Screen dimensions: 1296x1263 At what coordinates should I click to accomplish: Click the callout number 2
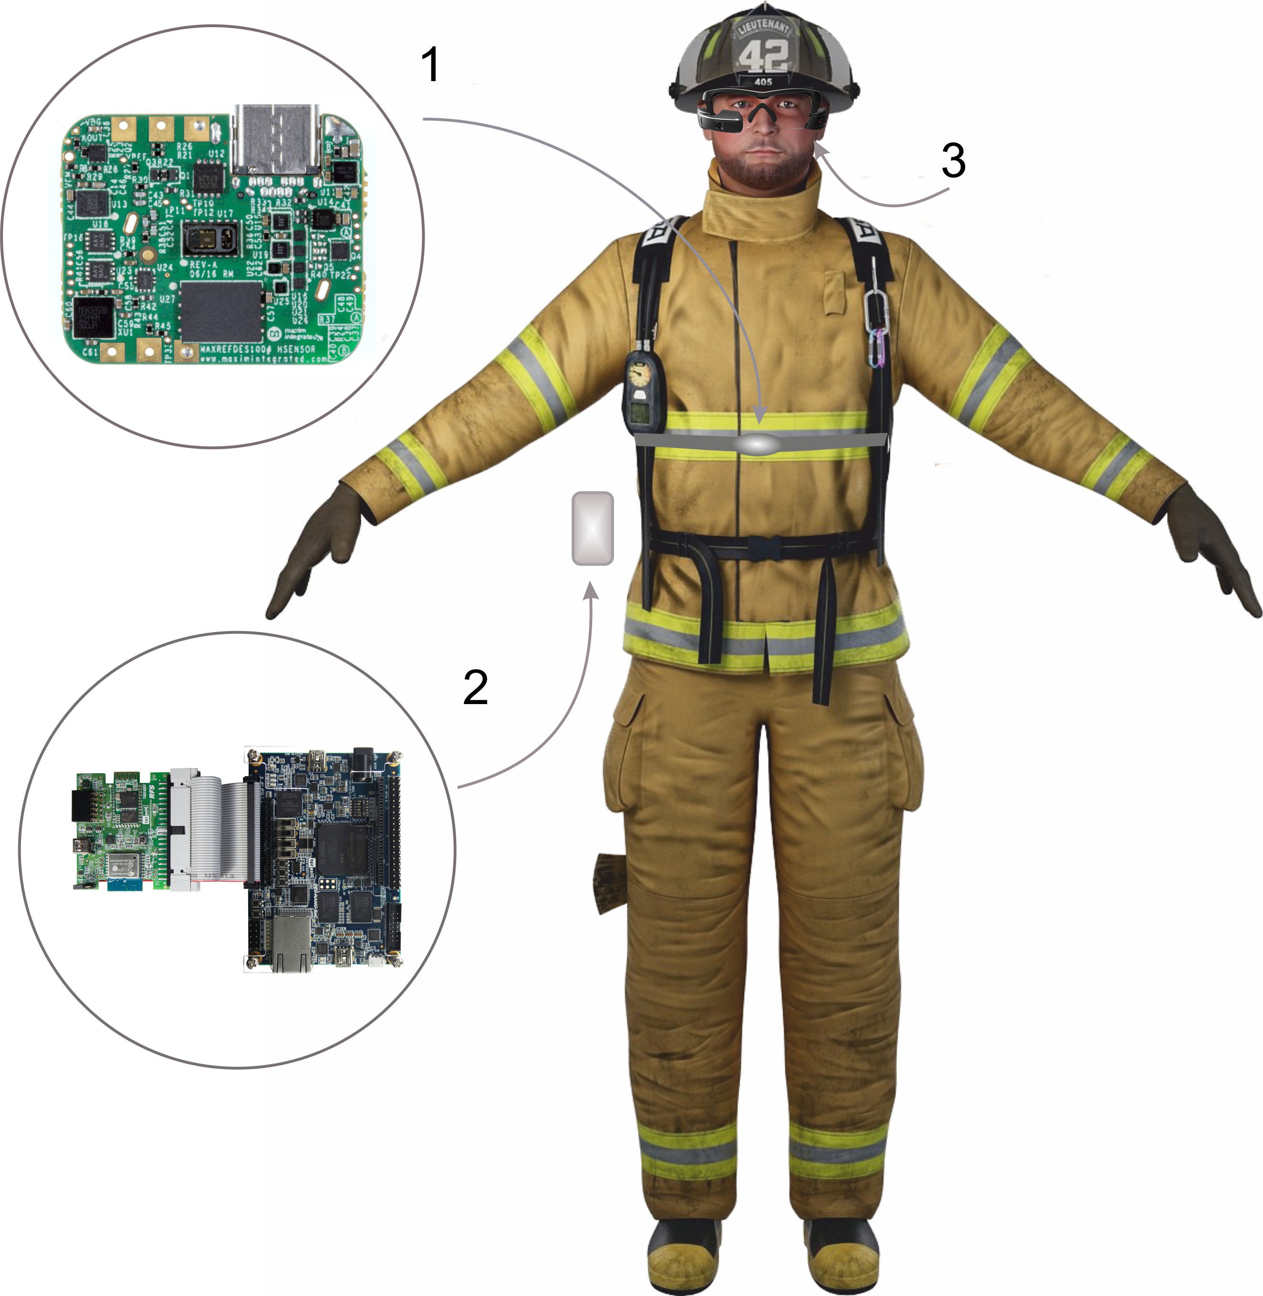pyautogui.click(x=475, y=687)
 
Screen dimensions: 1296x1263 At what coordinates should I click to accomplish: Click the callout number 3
pyautogui.click(x=953, y=161)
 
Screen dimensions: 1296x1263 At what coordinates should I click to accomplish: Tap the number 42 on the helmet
pyautogui.click(x=763, y=56)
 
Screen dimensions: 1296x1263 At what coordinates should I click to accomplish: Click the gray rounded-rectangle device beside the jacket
pyautogui.click(x=592, y=528)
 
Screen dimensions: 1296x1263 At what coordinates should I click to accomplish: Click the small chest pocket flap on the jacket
pyautogui.click(x=836, y=292)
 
